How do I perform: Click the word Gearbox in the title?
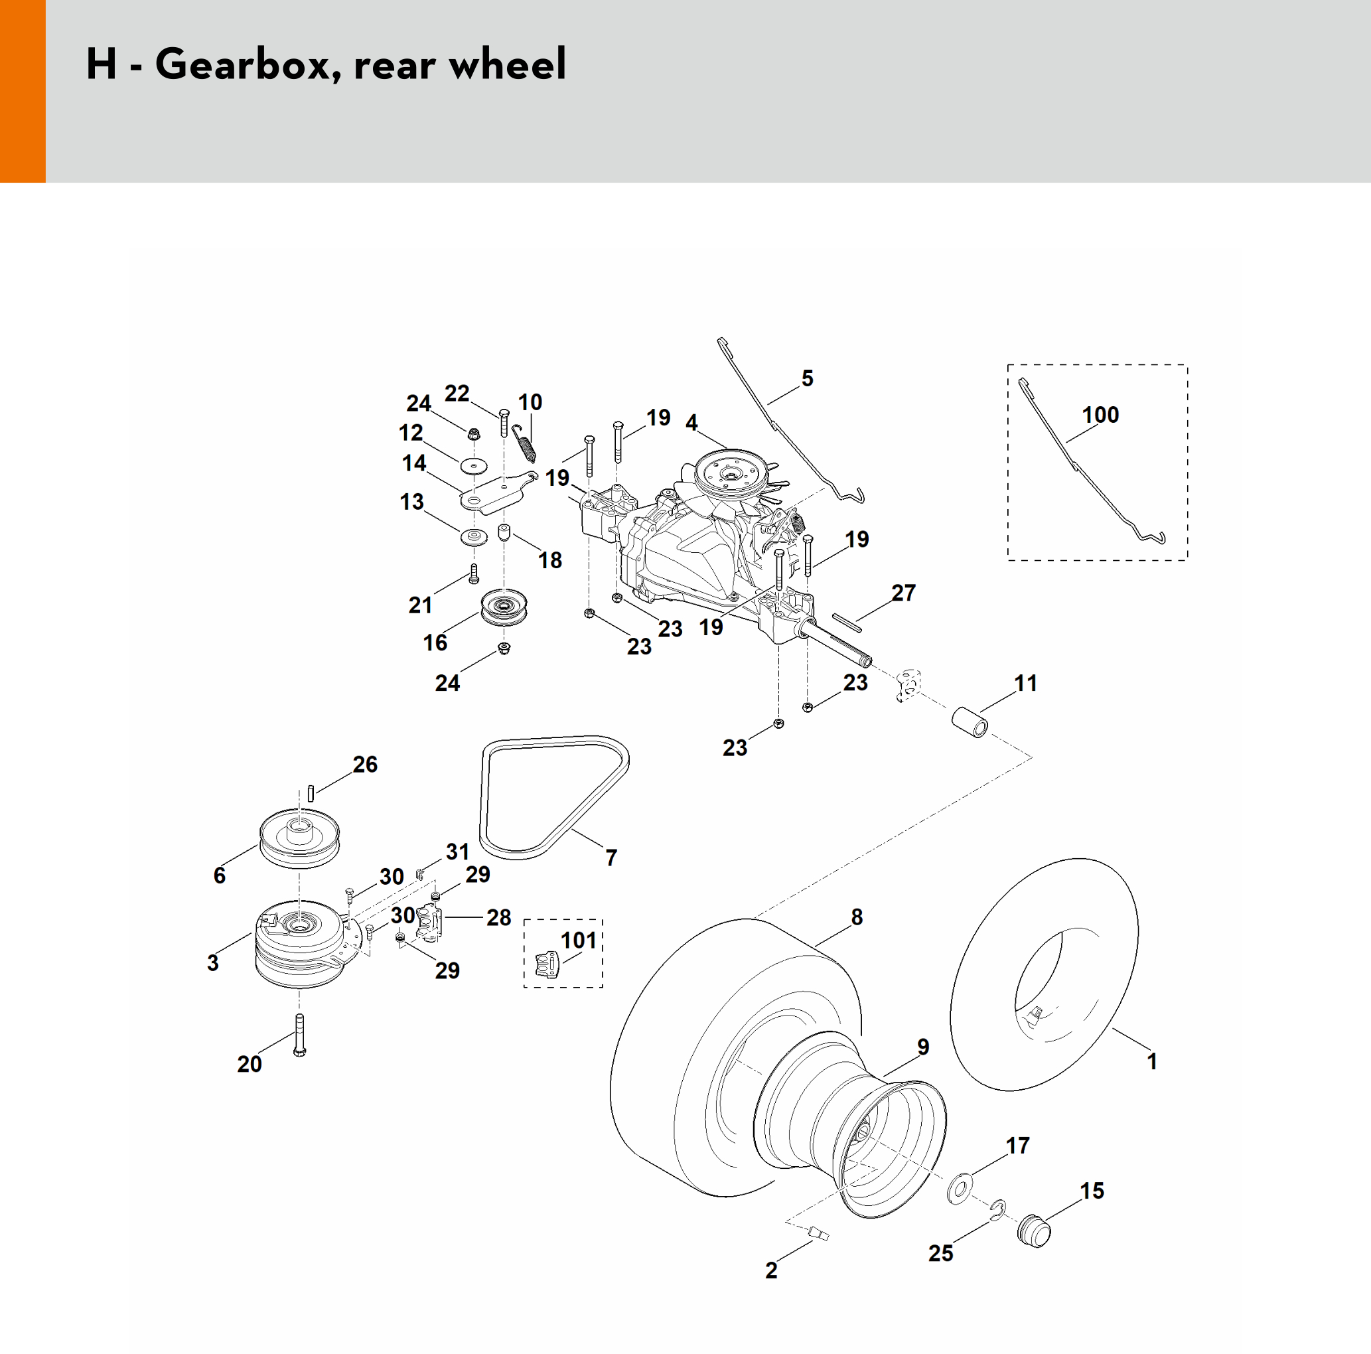tap(243, 64)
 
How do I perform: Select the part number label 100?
tap(1100, 414)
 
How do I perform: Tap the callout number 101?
tap(579, 940)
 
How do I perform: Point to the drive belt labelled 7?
tap(554, 797)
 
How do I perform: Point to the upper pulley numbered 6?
tap(299, 838)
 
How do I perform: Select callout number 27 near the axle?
tap(903, 593)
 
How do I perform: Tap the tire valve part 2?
tap(818, 1234)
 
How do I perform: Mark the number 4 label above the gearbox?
tap(692, 423)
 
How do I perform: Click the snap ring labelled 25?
tap(999, 1211)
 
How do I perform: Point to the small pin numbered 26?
tap(310, 793)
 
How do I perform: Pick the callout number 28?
tap(499, 917)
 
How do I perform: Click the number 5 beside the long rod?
tap(808, 378)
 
